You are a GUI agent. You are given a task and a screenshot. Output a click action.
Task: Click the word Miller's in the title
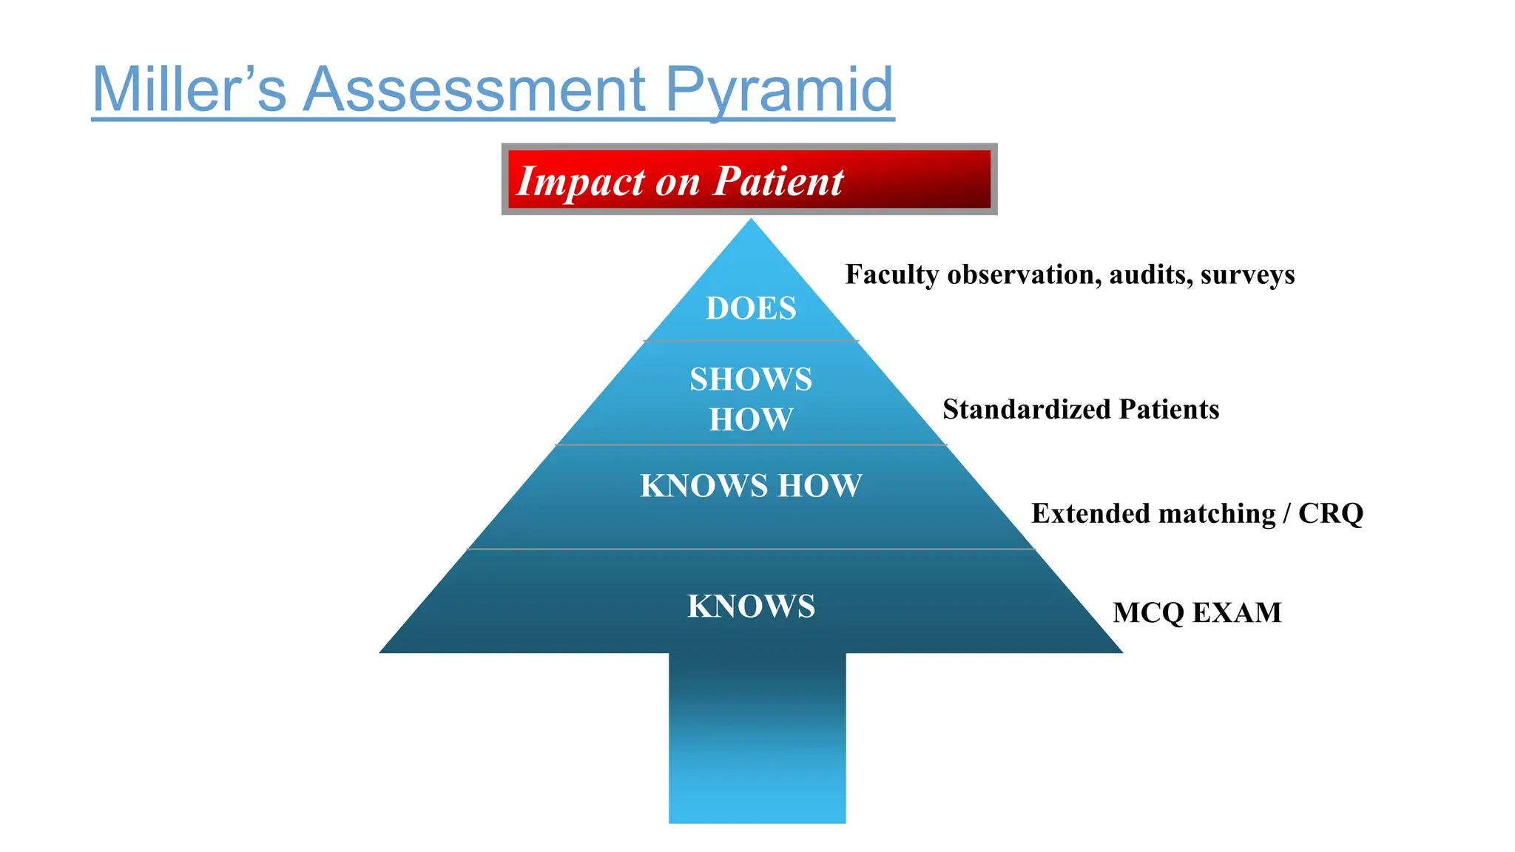[189, 89]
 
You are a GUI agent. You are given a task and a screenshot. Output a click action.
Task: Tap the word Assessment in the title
[474, 89]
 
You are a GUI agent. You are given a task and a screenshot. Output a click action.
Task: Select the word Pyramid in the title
[779, 91]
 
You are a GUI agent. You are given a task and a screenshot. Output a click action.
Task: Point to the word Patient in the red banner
[777, 181]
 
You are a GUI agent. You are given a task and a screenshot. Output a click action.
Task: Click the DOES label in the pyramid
[751, 308]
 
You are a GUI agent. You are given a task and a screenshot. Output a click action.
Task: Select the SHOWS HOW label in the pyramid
[751, 399]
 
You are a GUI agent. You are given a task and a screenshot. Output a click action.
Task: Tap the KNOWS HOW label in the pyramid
[751, 486]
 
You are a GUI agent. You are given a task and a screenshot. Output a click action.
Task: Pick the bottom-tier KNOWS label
[751, 606]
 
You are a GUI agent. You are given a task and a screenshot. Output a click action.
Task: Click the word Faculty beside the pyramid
[891, 275]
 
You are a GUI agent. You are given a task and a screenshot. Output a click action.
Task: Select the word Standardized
[1025, 409]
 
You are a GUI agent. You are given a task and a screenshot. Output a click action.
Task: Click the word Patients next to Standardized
[1169, 409]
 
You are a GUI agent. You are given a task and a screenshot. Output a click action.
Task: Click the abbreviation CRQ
[1330, 513]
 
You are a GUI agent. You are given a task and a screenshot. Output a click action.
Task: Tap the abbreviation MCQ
[1148, 613]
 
